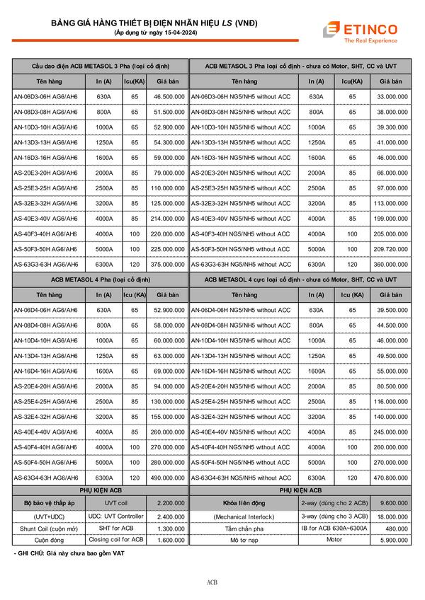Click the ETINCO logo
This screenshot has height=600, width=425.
tap(367, 31)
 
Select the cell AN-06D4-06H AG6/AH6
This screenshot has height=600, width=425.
tap(46, 309)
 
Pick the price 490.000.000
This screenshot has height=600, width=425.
tap(169, 478)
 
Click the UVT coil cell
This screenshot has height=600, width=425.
tap(117, 502)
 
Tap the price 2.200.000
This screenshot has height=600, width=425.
tap(169, 502)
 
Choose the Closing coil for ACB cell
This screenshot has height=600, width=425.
tap(117, 540)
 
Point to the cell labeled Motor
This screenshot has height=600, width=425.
tap(334, 540)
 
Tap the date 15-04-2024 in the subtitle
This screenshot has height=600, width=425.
tap(175, 33)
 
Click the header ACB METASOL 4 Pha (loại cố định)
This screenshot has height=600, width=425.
tap(100, 279)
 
